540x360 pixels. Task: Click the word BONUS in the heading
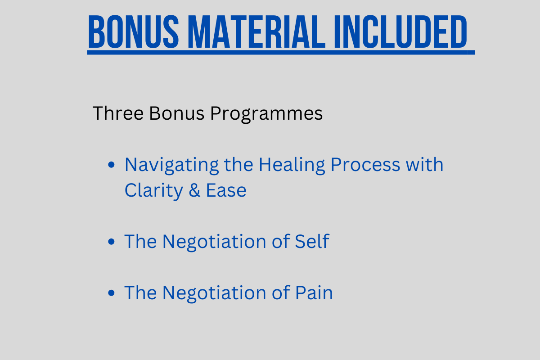[134, 31]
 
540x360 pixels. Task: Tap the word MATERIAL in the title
[256, 31]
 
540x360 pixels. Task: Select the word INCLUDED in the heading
[400, 31]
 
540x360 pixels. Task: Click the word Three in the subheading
[118, 113]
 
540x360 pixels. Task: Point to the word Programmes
[266, 114]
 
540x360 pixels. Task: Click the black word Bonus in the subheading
[177, 113]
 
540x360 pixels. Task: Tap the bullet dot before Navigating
[112, 165]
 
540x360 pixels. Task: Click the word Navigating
[171, 166]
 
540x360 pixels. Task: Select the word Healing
[292, 166]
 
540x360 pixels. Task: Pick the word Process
[365, 165]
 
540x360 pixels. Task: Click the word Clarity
[154, 191]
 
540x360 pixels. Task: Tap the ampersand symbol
[194, 190]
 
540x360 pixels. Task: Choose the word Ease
[226, 190]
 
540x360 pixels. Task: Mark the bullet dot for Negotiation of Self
[112, 241]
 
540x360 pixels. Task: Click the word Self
[312, 241]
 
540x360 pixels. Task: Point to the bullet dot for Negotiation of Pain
[112, 293]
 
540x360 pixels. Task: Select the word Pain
[314, 292]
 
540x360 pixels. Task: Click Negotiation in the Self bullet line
[214, 243]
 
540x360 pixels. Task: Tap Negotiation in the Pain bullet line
[214, 294]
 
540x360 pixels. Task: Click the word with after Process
[424, 164]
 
